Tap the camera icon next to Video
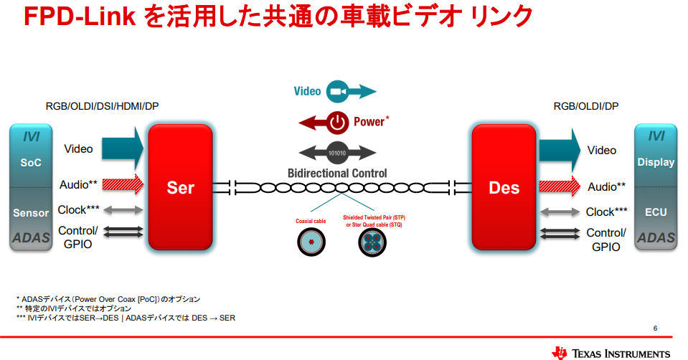pyautogui.click(x=336, y=92)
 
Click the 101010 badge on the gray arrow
pyautogui.click(x=337, y=153)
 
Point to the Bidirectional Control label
pyautogui.click(x=337, y=173)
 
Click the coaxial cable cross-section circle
pyautogui.click(x=310, y=243)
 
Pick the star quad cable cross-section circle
pyautogui.click(x=372, y=243)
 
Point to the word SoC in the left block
pyautogui.click(x=31, y=162)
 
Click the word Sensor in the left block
pyautogui.click(x=31, y=212)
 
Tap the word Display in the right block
pyautogui.click(x=656, y=162)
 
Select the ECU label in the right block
pyautogui.click(x=656, y=212)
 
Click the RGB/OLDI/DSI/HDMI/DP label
pyautogui.click(x=102, y=106)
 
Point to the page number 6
pyautogui.click(x=655, y=328)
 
